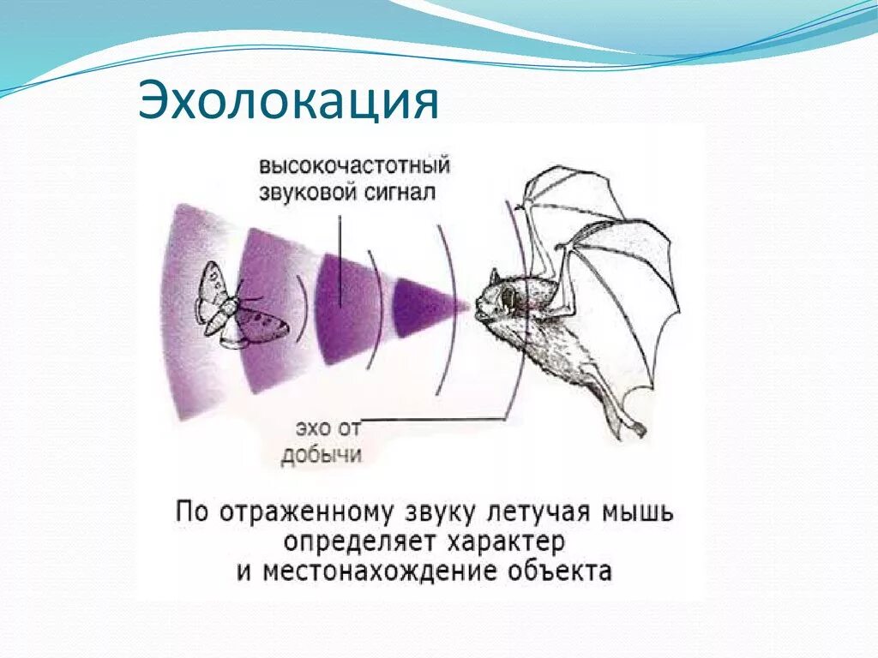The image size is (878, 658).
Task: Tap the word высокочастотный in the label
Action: [355, 164]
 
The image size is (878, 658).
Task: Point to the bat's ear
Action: [494, 278]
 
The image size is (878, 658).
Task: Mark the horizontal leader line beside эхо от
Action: [437, 420]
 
